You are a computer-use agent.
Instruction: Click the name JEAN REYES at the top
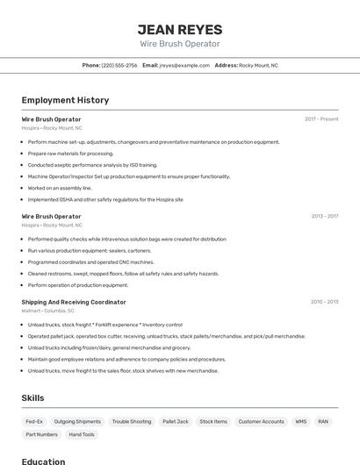coord(180,29)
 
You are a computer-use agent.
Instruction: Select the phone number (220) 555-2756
coord(119,65)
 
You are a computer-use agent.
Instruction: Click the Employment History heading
coord(65,100)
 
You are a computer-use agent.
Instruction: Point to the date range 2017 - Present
coord(321,119)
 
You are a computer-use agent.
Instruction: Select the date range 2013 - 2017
coord(324,216)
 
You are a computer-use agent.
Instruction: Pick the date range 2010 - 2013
coord(324,302)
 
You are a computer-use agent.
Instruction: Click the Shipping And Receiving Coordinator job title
coord(74,302)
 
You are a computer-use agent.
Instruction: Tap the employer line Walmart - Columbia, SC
coord(48,311)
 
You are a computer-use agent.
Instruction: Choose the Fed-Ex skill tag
coord(34,421)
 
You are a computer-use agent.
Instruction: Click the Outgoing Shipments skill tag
coord(77,421)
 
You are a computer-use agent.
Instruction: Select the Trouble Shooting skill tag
coord(132,421)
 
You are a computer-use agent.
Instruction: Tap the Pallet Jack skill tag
coord(176,421)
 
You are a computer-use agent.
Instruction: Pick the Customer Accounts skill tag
coord(262,421)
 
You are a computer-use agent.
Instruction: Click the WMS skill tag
coord(301,421)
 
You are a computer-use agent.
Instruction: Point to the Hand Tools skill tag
coord(82,434)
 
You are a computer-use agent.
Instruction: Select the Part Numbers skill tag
coord(41,434)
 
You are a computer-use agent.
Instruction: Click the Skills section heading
coord(32,398)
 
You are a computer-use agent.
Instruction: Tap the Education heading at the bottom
coord(43,461)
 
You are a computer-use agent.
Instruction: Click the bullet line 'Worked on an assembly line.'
coord(60,188)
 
